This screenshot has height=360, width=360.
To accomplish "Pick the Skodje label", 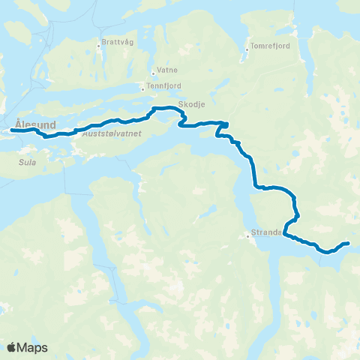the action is point(191,106).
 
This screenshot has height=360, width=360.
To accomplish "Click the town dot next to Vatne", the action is point(152,73).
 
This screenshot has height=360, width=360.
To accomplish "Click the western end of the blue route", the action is point(13,130).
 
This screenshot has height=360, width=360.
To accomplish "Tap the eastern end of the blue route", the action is point(348,243).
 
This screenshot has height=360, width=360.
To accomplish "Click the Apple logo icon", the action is point(11,347).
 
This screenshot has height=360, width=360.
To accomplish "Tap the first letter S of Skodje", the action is point(181,106).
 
